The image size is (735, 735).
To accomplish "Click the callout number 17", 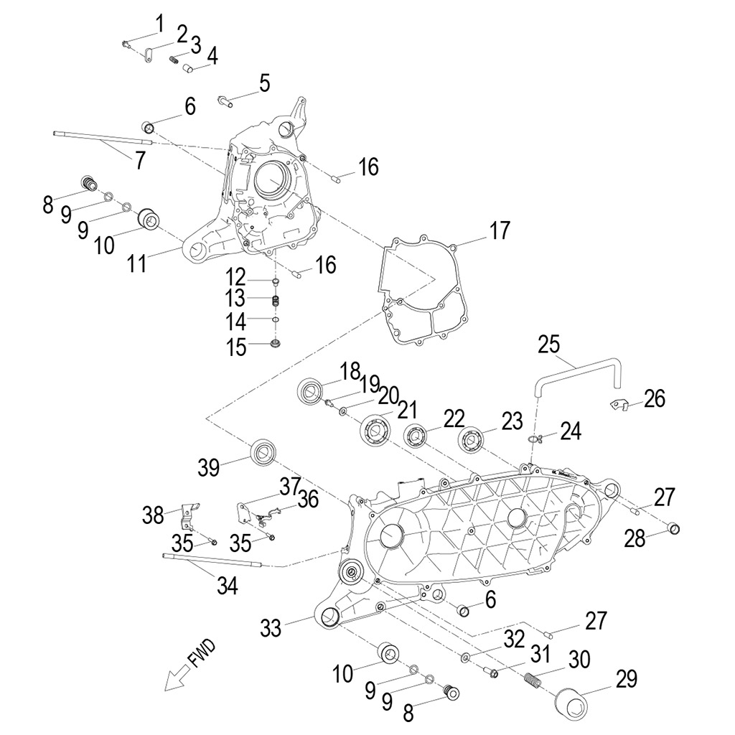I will click(500, 230).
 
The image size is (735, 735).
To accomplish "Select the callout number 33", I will click(271, 628).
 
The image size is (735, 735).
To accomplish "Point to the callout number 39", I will click(209, 467).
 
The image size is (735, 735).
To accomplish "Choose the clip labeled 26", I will click(617, 405).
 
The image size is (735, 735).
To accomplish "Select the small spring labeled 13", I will click(275, 299).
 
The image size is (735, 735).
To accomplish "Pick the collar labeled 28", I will click(673, 530).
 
